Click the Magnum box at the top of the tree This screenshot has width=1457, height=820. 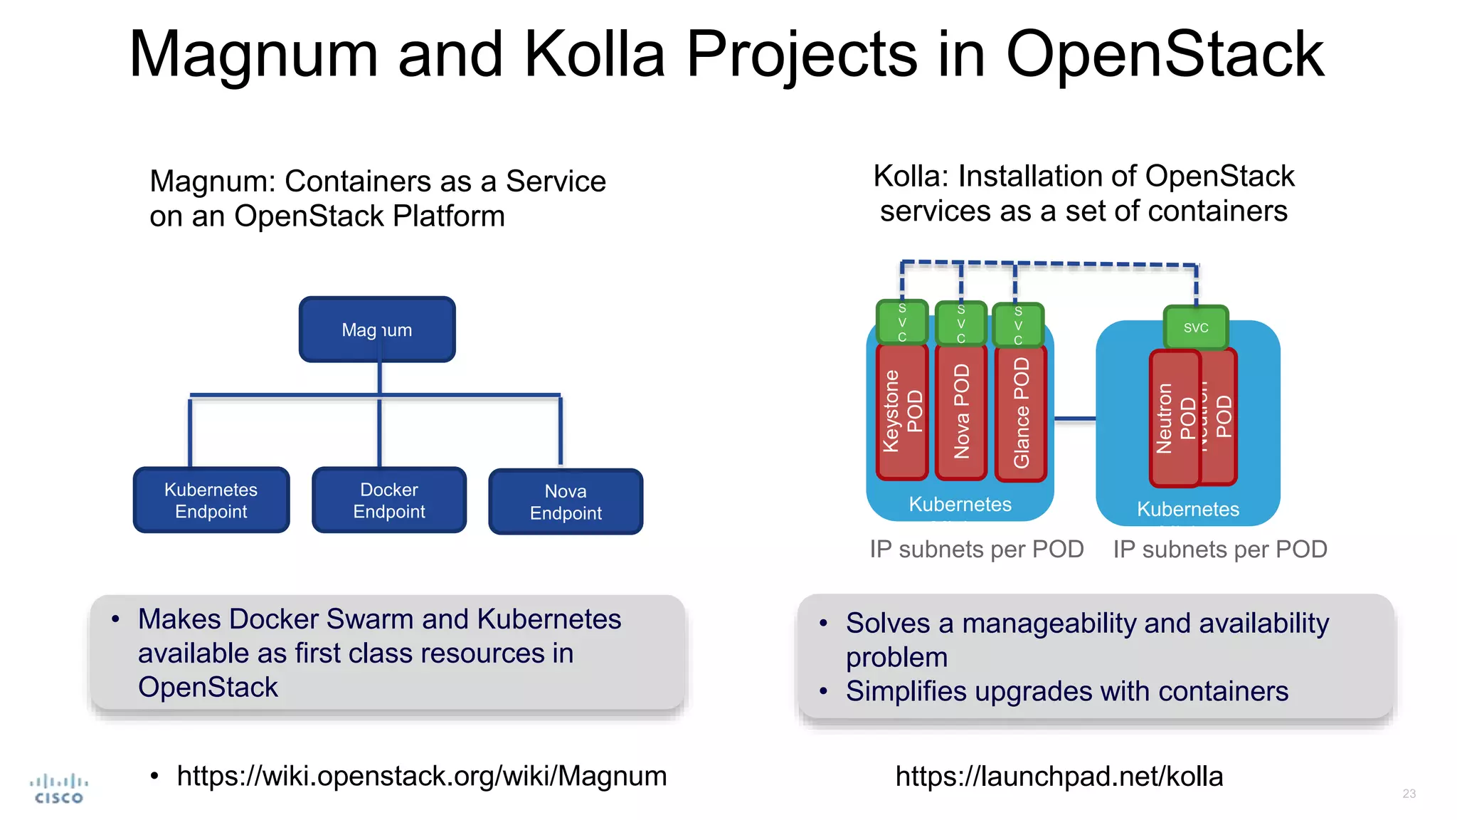tap(377, 330)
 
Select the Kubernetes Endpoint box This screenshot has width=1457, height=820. tap(211, 500)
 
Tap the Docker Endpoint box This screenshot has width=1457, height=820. tap(389, 500)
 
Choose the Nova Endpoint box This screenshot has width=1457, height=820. tap(566, 502)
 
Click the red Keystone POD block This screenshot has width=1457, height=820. tap(902, 411)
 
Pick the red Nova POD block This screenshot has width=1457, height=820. tap(961, 411)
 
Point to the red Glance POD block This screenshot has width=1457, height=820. tap(1021, 413)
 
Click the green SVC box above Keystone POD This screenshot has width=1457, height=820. tap(902, 322)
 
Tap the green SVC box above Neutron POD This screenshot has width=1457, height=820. tap(1196, 327)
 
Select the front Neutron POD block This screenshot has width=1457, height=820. tap(1175, 419)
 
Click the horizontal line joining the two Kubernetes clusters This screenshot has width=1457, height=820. tap(1074, 419)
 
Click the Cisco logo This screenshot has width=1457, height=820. tap(59, 789)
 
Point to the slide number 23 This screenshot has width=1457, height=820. tap(1409, 793)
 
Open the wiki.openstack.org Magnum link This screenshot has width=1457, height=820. tap(421, 776)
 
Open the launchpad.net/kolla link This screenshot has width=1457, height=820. tap(1059, 777)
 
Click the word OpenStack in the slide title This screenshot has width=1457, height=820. tap(1165, 55)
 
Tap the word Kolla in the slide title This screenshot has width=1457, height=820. tap(594, 55)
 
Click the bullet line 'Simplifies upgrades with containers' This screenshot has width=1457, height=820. tap(1066, 691)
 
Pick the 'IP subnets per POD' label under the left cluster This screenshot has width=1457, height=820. tap(976, 550)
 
